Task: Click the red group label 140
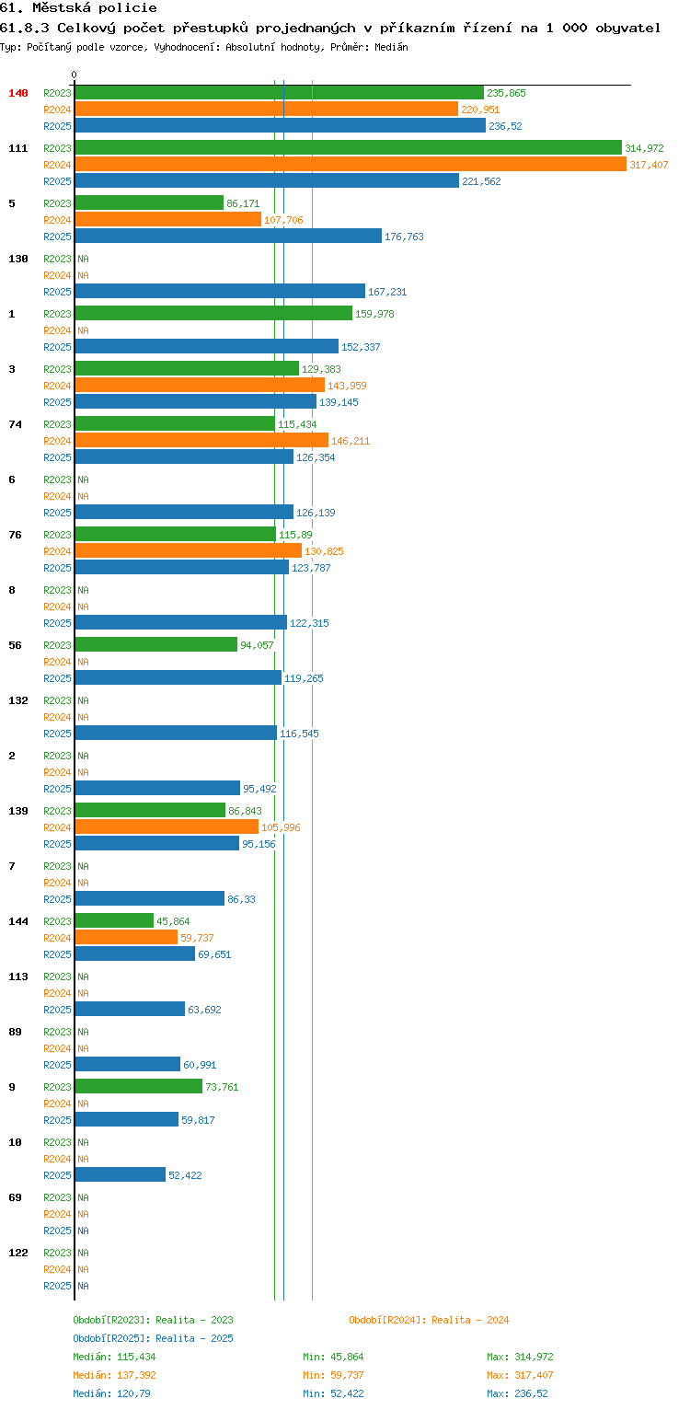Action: point(18,93)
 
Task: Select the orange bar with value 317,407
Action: point(351,165)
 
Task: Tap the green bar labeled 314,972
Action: point(349,148)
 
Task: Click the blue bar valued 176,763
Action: point(228,236)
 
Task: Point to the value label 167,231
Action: point(387,292)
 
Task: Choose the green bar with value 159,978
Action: point(213,314)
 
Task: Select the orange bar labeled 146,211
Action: point(201,441)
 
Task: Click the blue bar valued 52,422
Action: point(121,1174)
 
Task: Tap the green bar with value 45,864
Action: point(114,921)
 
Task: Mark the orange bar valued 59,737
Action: point(126,937)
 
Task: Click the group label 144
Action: point(18,921)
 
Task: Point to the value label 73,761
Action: point(222,1087)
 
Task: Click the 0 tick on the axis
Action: point(75,75)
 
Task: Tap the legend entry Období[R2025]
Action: point(111,1338)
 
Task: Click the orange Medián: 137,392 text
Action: point(114,1375)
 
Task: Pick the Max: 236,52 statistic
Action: point(517,1393)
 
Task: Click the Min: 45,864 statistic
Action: point(333,1358)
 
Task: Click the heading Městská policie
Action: point(95,8)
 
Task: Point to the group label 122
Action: point(18,1253)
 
